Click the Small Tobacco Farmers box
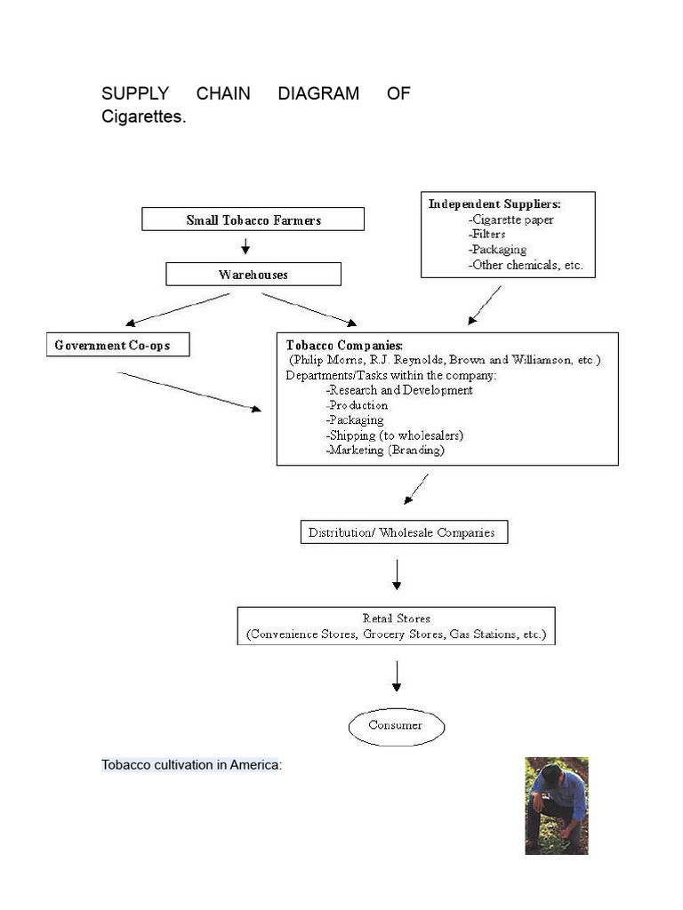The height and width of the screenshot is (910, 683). click(x=253, y=220)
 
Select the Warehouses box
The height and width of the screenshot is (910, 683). click(x=253, y=275)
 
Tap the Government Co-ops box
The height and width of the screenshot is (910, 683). click(x=117, y=345)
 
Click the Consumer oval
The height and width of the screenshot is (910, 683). click(x=396, y=725)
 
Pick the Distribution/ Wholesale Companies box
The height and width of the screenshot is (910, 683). click(x=405, y=533)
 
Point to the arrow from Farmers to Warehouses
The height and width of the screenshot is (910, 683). click(x=246, y=245)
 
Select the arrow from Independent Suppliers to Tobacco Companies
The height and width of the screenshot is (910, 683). click(x=485, y=305)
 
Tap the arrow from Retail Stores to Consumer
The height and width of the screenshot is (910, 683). click(x=397, y=675)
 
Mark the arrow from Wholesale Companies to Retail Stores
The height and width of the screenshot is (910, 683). click(x=397, y=574)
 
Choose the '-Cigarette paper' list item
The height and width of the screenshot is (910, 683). click(x=510, y=220)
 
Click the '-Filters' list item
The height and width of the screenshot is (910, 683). click(x=486, y=235)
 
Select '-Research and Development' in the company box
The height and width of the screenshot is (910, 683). click(x=399, y=390)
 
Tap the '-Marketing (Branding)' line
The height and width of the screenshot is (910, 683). click(x=385, y=451)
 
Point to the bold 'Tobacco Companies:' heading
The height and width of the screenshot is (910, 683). click(x=344, y=344)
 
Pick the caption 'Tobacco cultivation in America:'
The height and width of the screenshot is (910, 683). click(x=191, y=764)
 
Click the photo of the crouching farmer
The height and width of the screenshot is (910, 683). click(x=556, y=805)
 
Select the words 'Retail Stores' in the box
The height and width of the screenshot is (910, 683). click(x=396, y=619)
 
